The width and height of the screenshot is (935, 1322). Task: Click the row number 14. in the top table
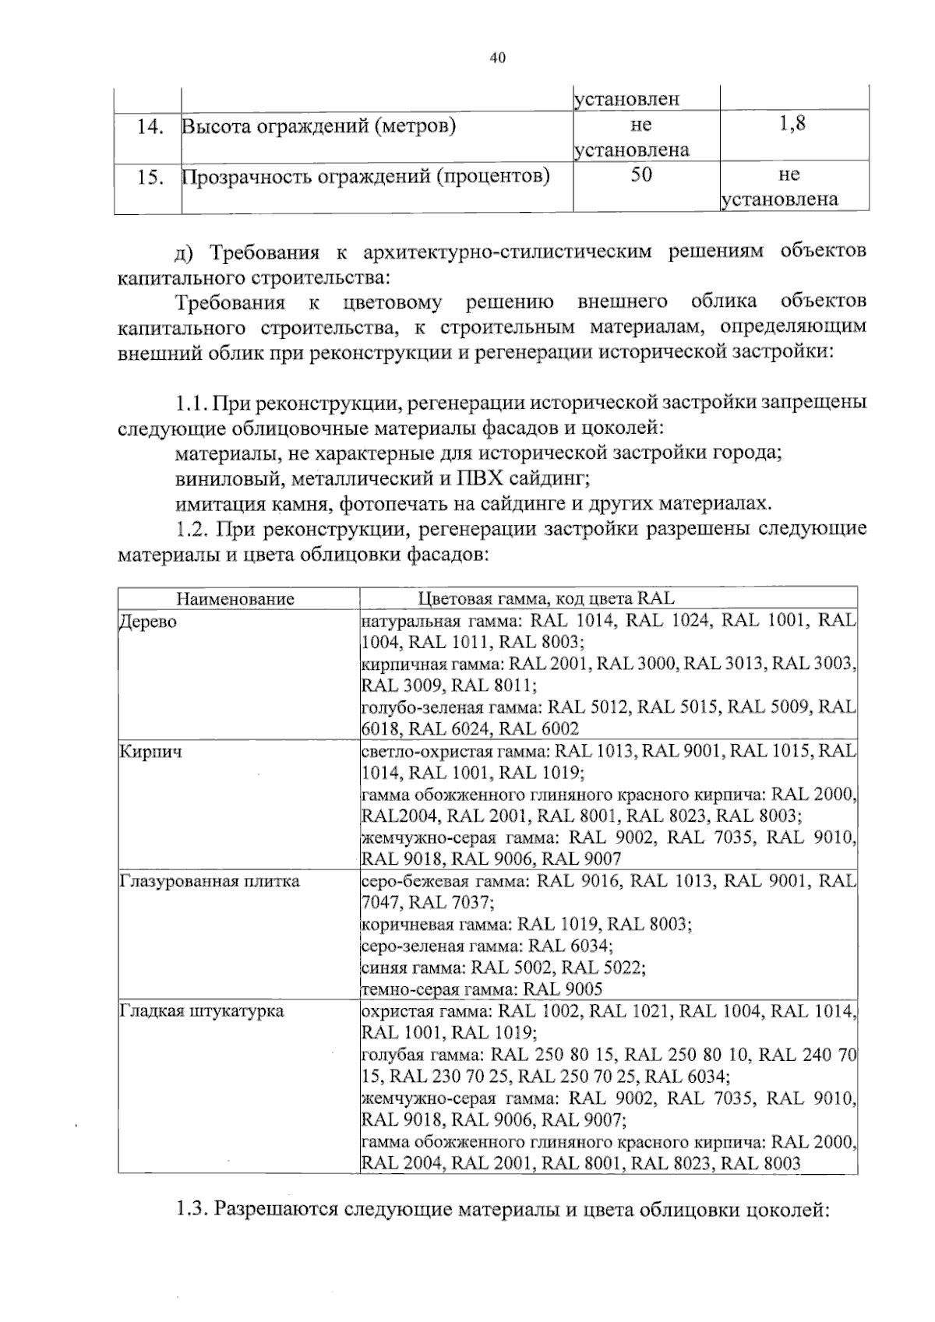coord(149,126)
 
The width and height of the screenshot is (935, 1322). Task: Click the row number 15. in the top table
coord(149,178)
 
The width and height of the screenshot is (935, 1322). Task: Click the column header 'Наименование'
coord(235,599)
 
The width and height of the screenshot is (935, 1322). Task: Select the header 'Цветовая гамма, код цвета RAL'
coord(546,599)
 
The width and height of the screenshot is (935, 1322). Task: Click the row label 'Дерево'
coord(147,622)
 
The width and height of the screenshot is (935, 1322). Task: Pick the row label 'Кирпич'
coord(150,753)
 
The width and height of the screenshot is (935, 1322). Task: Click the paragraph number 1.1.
coord(191,404)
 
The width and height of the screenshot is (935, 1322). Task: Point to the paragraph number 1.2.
coord(191,530)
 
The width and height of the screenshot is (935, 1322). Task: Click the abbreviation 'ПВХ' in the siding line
coord(481,478)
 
